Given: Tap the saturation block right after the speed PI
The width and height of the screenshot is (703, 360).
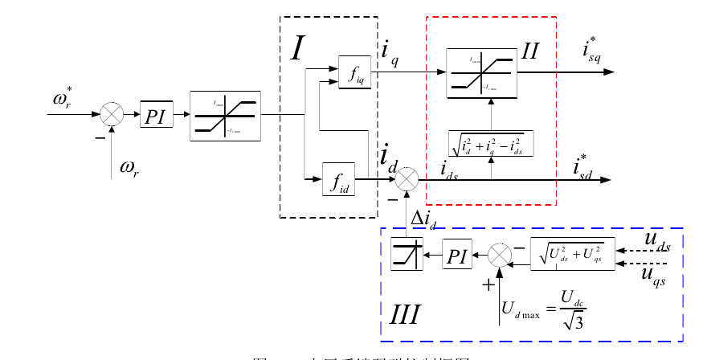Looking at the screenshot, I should click(x=225, y=116).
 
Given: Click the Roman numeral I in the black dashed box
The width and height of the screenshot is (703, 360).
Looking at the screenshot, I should click(x=297, y=50).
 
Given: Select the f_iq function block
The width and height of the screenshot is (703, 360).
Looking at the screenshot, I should click(x=354, y=73).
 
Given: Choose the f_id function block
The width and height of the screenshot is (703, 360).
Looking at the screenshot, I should click(x=338, y=178).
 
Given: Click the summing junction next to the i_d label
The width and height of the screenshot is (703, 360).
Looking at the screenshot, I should click(x=407, y=178).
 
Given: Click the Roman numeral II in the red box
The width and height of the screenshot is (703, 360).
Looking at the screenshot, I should click(x=530, y=52).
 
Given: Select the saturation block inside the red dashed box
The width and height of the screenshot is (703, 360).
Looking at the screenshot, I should click(x=481, y=72).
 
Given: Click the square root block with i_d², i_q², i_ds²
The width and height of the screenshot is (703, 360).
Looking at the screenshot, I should click(x=490, y=143).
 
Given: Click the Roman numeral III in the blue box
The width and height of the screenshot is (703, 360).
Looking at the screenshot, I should click(x=405, y=313).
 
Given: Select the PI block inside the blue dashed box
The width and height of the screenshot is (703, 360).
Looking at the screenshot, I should click(x=456, y=256).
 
